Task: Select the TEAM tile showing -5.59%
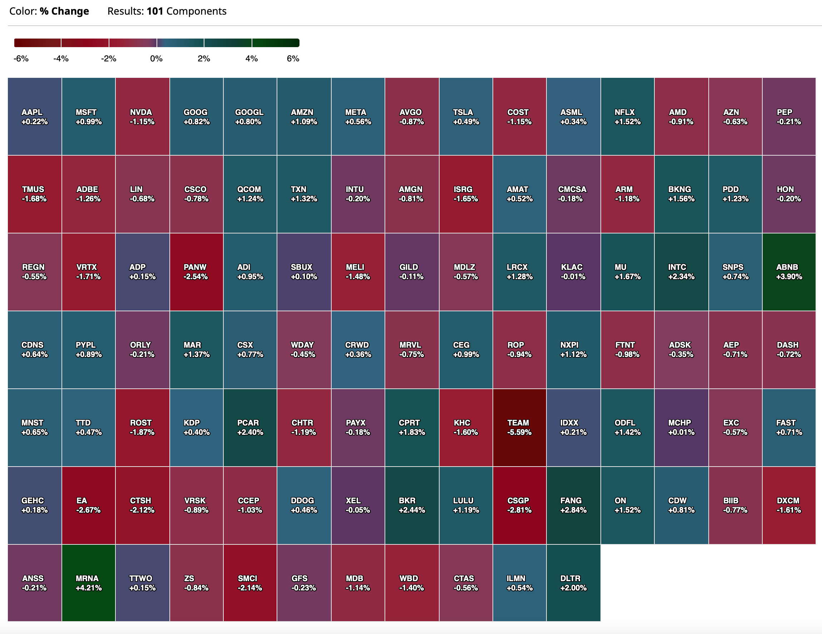coord(519,428)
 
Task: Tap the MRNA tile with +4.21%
coord(88,583)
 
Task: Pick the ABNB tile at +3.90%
coord(789,272)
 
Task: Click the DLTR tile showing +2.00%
coord(574,583)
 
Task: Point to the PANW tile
coord(197,272)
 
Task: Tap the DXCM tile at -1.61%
coord(789,505)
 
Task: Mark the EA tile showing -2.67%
coord(88,505)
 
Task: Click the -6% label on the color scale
coord(21,59)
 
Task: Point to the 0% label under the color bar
coord(156,59)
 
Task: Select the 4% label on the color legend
coord(251,59)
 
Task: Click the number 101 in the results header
coord(155,11)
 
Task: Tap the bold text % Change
coord(64,11)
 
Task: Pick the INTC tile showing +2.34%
coord(681,272)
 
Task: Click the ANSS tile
coord(35,583)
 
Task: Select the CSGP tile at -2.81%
coord(519,505)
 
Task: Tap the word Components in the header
coord(197,12)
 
